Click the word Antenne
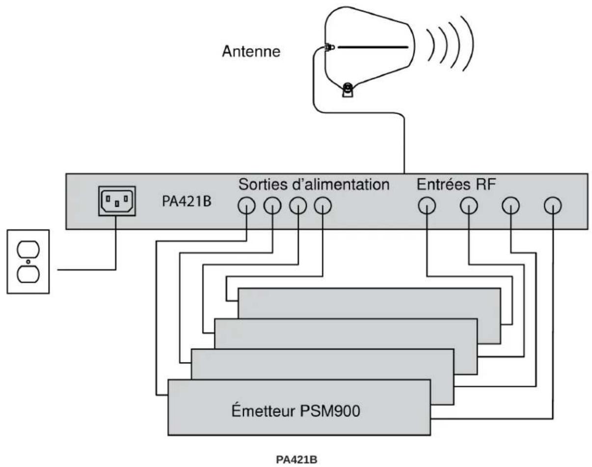point(251,52)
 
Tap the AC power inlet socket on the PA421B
point(117,201)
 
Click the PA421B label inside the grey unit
point(187,201)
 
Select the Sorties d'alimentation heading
point(314,185)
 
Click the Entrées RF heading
point(457,184)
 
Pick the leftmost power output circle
point(246,206)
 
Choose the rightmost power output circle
point(323,206)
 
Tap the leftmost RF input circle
point(427,206)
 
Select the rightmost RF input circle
point(553,206)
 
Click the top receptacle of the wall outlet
point(28,249)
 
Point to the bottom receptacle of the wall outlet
point(28,275)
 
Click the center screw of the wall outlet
point(28,262)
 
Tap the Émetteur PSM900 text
point(296,411)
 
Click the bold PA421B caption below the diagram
point(296,460)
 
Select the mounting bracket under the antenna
point(348,90)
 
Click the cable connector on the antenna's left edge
point(329,47)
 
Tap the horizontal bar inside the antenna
point(373,47)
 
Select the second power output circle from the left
point(272,206)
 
